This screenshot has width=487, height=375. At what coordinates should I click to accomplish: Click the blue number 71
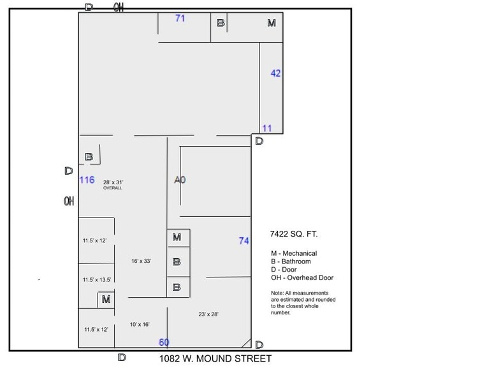click(180, 18)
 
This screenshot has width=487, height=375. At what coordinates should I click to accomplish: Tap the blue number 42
click(275, 73)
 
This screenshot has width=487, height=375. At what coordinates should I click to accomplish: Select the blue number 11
click(267, 128)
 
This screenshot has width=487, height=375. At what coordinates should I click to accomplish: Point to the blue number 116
click(87, 180)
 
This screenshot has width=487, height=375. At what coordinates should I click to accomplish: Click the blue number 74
click(243, 240)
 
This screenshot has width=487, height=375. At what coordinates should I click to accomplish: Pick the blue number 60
click(164, 342)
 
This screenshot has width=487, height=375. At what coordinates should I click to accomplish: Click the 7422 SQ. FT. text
click(294, 235)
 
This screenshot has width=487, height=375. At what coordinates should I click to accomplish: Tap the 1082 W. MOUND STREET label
click(215, 358)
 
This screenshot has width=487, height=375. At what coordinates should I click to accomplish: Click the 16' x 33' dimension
click(141, 261)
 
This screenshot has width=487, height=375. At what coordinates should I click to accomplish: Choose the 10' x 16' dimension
click(140, 324)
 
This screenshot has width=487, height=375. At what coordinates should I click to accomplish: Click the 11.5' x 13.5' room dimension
click(97, 280)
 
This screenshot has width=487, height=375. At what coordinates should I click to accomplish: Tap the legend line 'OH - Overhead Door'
click(302, 278)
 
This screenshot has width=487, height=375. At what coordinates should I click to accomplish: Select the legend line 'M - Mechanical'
click(294, 253)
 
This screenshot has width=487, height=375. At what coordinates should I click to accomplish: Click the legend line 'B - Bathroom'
click(291, 261)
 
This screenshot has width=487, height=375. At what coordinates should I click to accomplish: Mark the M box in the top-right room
click(272, 24)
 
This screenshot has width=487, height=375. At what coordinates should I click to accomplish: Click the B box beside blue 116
click(89, 157)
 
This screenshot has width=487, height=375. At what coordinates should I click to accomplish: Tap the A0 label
click(180, 180)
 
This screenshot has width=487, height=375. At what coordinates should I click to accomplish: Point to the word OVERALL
click(112, 188)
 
